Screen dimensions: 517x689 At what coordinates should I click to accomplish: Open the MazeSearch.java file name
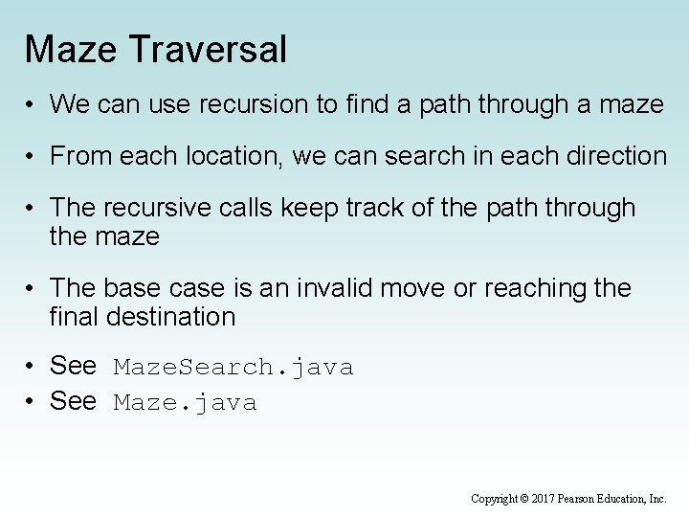pyautogui.click(x=233, y=367)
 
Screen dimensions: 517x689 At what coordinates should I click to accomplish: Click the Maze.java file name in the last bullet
pyautogui.click(x=186, y=402)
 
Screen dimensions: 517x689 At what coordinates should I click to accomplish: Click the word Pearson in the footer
pyautogui.click(x=583, y=499)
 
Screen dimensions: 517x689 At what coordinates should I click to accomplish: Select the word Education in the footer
pyautogui.click(x=628, y=499)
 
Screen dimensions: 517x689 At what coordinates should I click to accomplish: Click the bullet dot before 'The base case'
pyautogui.click(x=33, y=288)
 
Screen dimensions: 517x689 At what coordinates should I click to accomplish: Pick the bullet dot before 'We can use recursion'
pyautogui.click(x=33, y=104)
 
